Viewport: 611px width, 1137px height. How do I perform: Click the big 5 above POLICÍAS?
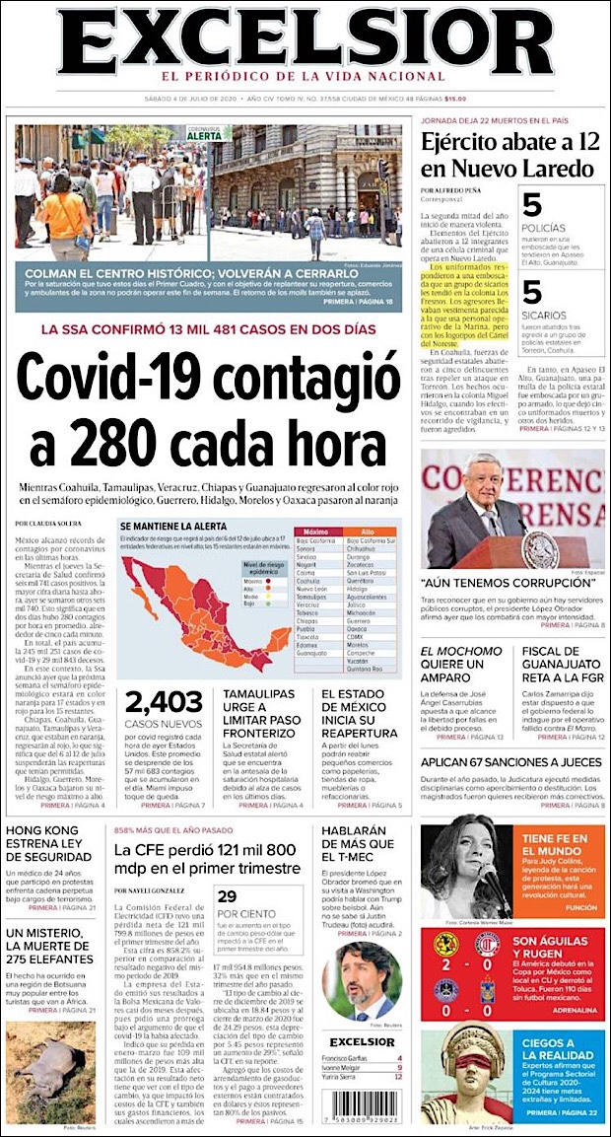point(532,205)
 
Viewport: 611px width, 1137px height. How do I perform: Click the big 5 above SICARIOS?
point(532,292)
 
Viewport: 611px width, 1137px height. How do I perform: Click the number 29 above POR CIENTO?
point(228,895)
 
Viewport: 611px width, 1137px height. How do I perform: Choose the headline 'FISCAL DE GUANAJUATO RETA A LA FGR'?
point(560,664)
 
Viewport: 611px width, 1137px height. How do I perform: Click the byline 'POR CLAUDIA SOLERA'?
point(49,523)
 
